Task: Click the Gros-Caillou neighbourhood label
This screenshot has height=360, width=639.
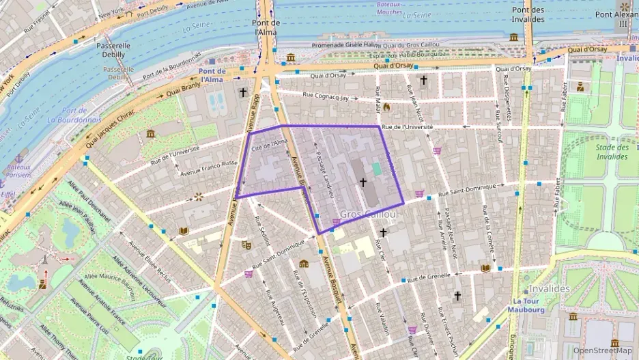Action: click(368, 214)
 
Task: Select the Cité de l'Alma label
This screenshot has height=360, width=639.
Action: click(270, 144)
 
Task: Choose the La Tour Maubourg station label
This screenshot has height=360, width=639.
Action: click(530, 305)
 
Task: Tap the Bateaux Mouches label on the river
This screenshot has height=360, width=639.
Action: click(388, 8)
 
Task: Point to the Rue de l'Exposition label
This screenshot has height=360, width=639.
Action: click(304, 294)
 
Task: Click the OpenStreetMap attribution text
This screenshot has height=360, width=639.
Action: click(602, 350)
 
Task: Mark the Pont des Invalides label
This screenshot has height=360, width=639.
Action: click(528, 14)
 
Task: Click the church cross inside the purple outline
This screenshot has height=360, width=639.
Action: click(363, 182)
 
